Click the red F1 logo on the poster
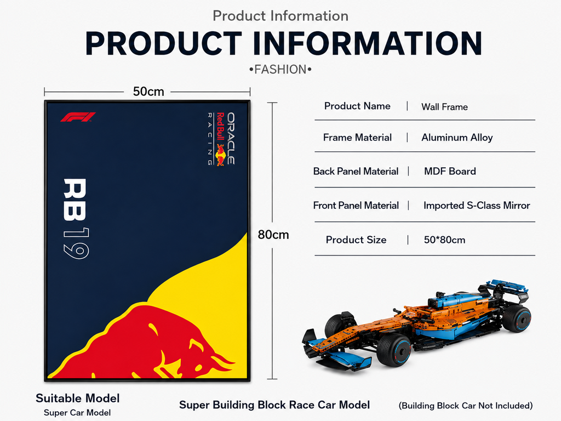[x=78, y=117]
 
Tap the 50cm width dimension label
[x=148, y=92]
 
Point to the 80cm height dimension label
[x=273, y=235]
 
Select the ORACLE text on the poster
[x=231, y=139]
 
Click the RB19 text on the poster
[x=76, y=218]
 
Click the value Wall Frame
[x=444, y=107]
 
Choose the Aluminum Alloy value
[x=457, y=138]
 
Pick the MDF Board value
[x=450, y=171]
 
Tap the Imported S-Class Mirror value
[x=477, y=206]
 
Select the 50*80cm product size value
[x=444, y=240]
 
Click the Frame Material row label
[x=357, y=138]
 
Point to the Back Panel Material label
[x=356, y=171]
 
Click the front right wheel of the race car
[x=394, y=350]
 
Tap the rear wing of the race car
[x=505, y=288]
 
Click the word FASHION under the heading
[x=280, y=70]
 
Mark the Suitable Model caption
[x=78, y=398]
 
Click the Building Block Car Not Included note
[x=466, y=406]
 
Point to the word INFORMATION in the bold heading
[x=368, y=43]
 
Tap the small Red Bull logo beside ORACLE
[x=220, y=155]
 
